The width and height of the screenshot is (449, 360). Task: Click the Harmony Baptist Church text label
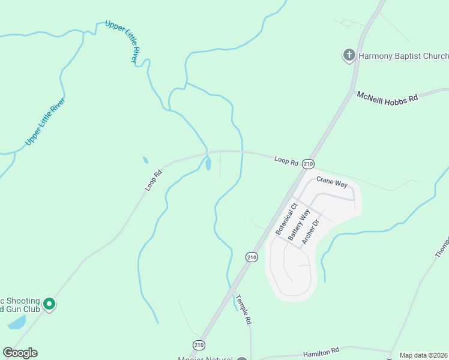(x=403, y=56)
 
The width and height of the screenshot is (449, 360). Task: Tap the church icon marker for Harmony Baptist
(x=349, y=56)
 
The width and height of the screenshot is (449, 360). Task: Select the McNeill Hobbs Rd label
(x=387, y=97)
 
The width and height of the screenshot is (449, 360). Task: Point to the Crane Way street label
(x=332, y=182)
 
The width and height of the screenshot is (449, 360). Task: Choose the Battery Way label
(x=299, y=224)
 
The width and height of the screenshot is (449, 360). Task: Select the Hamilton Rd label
(x=321, y=350)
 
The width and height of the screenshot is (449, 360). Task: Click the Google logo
(x=20, y=352)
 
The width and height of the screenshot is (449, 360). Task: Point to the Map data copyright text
(x=424, y=355)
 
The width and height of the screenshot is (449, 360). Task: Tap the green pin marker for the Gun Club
(x=49, y=305)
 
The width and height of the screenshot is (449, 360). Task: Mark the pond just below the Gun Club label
(x=17, y=322)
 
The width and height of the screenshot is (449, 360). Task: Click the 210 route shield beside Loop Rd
(x=308, y=164)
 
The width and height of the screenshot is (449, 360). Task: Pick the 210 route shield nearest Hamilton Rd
(x=199, y=344)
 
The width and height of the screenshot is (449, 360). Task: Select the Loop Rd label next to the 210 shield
(x=286, y=160)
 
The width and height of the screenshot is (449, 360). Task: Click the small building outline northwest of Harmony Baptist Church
(x=346, y=23)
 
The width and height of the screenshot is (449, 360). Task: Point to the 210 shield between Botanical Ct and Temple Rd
(x=252, y=257)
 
